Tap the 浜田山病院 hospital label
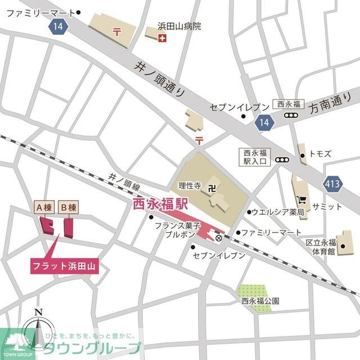(x=179, y=26)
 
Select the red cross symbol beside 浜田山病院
(x=161, y=38)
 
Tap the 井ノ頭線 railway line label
(x=124, y=178)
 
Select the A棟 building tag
(x=43, y=208)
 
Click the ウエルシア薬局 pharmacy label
(x=278, y=212)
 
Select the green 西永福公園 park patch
(x=254, y=298)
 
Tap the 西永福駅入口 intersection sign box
(x=256, y=156)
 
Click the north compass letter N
(x=38, y=311)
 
